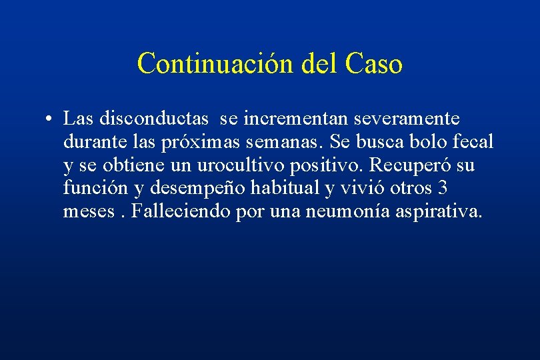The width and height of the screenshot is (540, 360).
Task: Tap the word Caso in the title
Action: pos(374,64)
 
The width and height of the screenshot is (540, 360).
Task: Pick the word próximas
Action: pos(203,143)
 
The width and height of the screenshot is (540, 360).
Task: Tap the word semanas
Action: pos(287,142)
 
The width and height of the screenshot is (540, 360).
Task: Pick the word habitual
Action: pos(285,189)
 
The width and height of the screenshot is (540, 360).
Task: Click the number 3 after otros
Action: pos(442,189)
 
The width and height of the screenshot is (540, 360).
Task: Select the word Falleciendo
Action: pos(181,212)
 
